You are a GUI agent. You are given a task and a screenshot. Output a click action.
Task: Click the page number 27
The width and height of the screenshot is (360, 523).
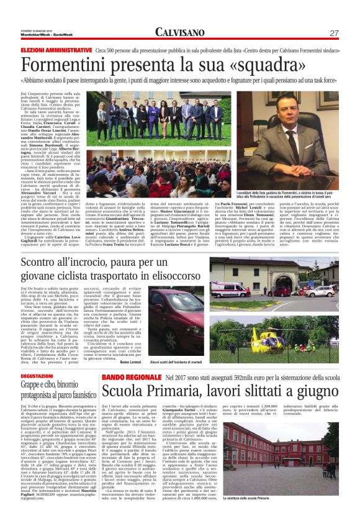(x=334, y=32)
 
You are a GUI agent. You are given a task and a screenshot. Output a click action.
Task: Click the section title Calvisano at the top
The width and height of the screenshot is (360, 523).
(x=179, y=32)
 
